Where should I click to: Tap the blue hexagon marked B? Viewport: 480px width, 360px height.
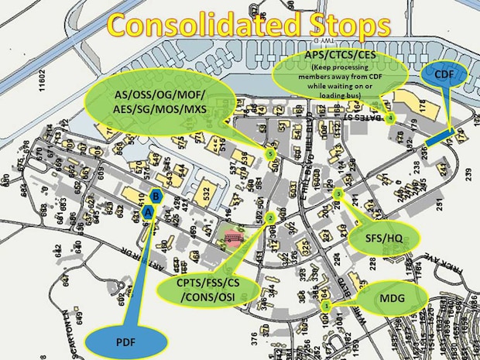click(x=156, y=197)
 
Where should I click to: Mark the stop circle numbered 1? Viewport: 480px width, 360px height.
click(x=325, y=307)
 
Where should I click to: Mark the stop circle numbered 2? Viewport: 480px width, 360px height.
click(x=269, y=219)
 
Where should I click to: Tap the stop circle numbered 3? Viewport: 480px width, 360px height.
click(x=339, y=193)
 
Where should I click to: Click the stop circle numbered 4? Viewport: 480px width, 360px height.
click(x=391, y=118)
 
